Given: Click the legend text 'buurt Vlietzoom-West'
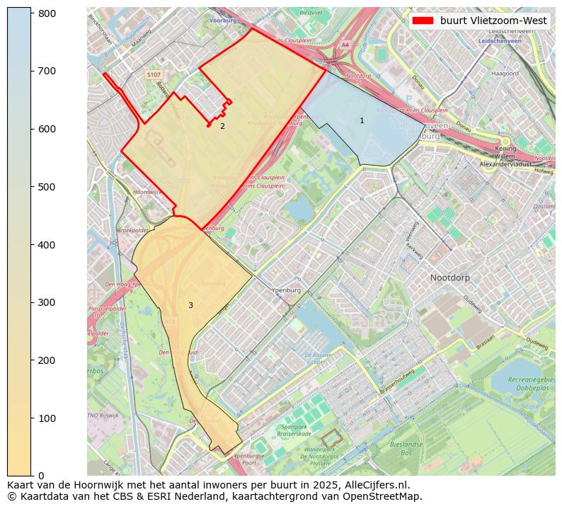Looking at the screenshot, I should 493,21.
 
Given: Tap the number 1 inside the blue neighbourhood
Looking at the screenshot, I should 362,121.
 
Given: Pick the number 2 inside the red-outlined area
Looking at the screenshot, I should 222,126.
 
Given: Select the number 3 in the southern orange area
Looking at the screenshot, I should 190,305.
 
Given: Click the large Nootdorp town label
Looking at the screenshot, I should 449,278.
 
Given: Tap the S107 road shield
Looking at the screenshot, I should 154,74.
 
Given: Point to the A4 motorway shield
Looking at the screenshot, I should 345,44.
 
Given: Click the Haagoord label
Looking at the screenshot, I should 505,73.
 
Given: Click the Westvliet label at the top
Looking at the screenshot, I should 311,13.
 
